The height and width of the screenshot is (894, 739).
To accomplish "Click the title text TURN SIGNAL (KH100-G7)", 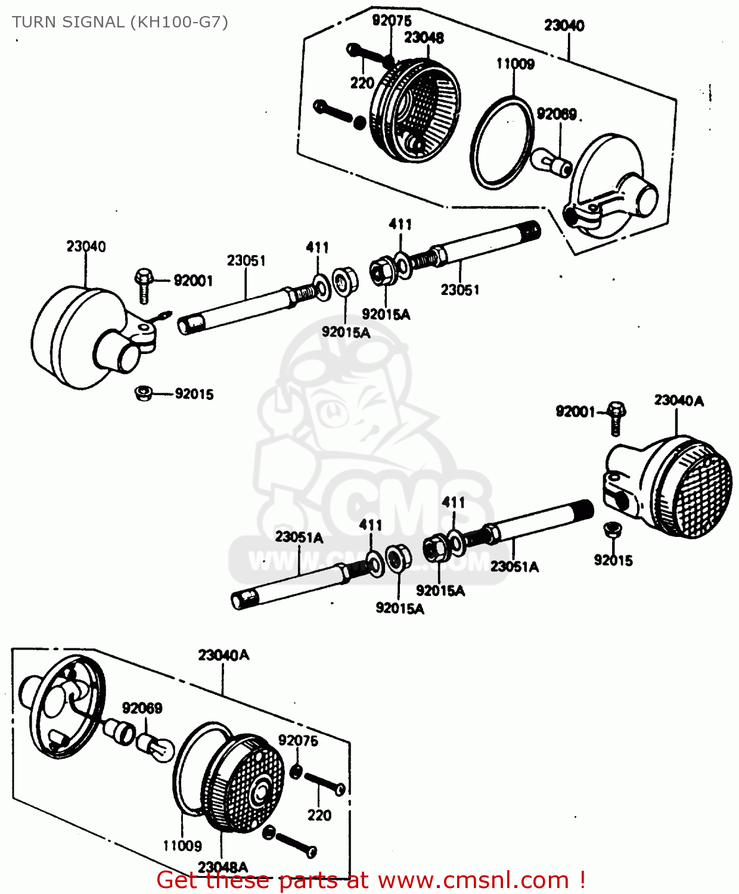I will (120, 22).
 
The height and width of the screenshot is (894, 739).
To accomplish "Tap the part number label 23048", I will (424, 38).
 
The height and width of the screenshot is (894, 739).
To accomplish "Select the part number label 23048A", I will (222, 867).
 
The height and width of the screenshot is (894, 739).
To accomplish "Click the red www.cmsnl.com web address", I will (473, 880).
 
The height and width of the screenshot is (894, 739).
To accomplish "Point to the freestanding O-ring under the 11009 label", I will (502, 143).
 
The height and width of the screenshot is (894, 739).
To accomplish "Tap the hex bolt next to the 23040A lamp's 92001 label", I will (616, 418).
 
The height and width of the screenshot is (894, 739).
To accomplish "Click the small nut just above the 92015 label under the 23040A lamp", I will (612, 529).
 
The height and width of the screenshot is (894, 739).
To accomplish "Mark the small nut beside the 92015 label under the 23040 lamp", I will (144, 393).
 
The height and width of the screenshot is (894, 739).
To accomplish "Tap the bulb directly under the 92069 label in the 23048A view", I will (155, 746).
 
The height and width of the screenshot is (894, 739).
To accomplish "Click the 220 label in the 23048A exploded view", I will (319, 815).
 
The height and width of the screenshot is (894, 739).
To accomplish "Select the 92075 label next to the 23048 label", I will (392, 20).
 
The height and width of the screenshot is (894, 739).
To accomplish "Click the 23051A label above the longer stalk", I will (299, 537).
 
